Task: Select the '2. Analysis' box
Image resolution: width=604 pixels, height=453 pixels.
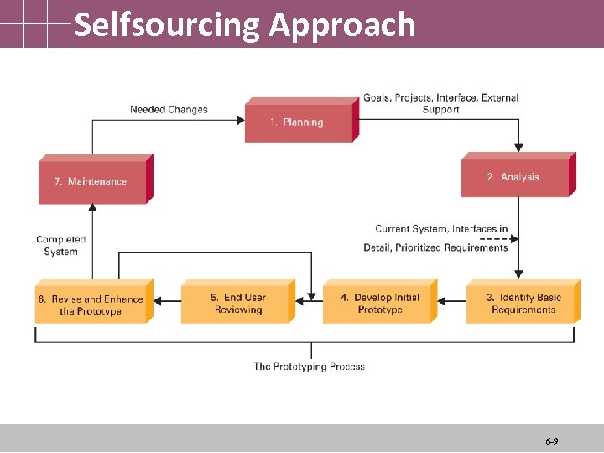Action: click(515, 178)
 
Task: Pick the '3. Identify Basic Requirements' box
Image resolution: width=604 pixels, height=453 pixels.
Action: click(521, 304)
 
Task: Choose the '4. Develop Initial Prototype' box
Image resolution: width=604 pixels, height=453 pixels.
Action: click(378, 304)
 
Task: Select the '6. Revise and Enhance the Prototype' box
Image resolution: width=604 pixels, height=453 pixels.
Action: click(91, 305)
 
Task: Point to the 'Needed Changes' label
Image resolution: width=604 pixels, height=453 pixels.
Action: click(169, 109)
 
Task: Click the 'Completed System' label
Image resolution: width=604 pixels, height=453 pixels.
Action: click(60, 245)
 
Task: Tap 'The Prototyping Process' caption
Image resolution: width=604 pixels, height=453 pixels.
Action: click(310, 367)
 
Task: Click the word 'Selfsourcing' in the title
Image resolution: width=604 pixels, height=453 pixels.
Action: click(167, 25)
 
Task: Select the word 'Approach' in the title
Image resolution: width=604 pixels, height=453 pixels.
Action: click(342, 25)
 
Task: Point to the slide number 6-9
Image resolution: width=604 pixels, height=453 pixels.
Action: click(552, 440)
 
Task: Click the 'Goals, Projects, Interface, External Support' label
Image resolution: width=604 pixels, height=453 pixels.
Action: click(440, 103)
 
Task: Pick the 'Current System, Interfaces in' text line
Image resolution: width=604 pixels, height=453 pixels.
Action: click(441, 228)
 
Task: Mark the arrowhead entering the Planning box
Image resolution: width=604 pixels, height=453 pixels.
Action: click(239, 121)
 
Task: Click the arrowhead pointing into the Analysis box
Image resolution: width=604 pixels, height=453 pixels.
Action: click(518, 148)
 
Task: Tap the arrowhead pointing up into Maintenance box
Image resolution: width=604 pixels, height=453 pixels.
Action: click(92, 209)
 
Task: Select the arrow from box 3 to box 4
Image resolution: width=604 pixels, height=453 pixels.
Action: click(451, 299)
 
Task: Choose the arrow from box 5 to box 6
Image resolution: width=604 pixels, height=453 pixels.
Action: click(168, 299)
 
